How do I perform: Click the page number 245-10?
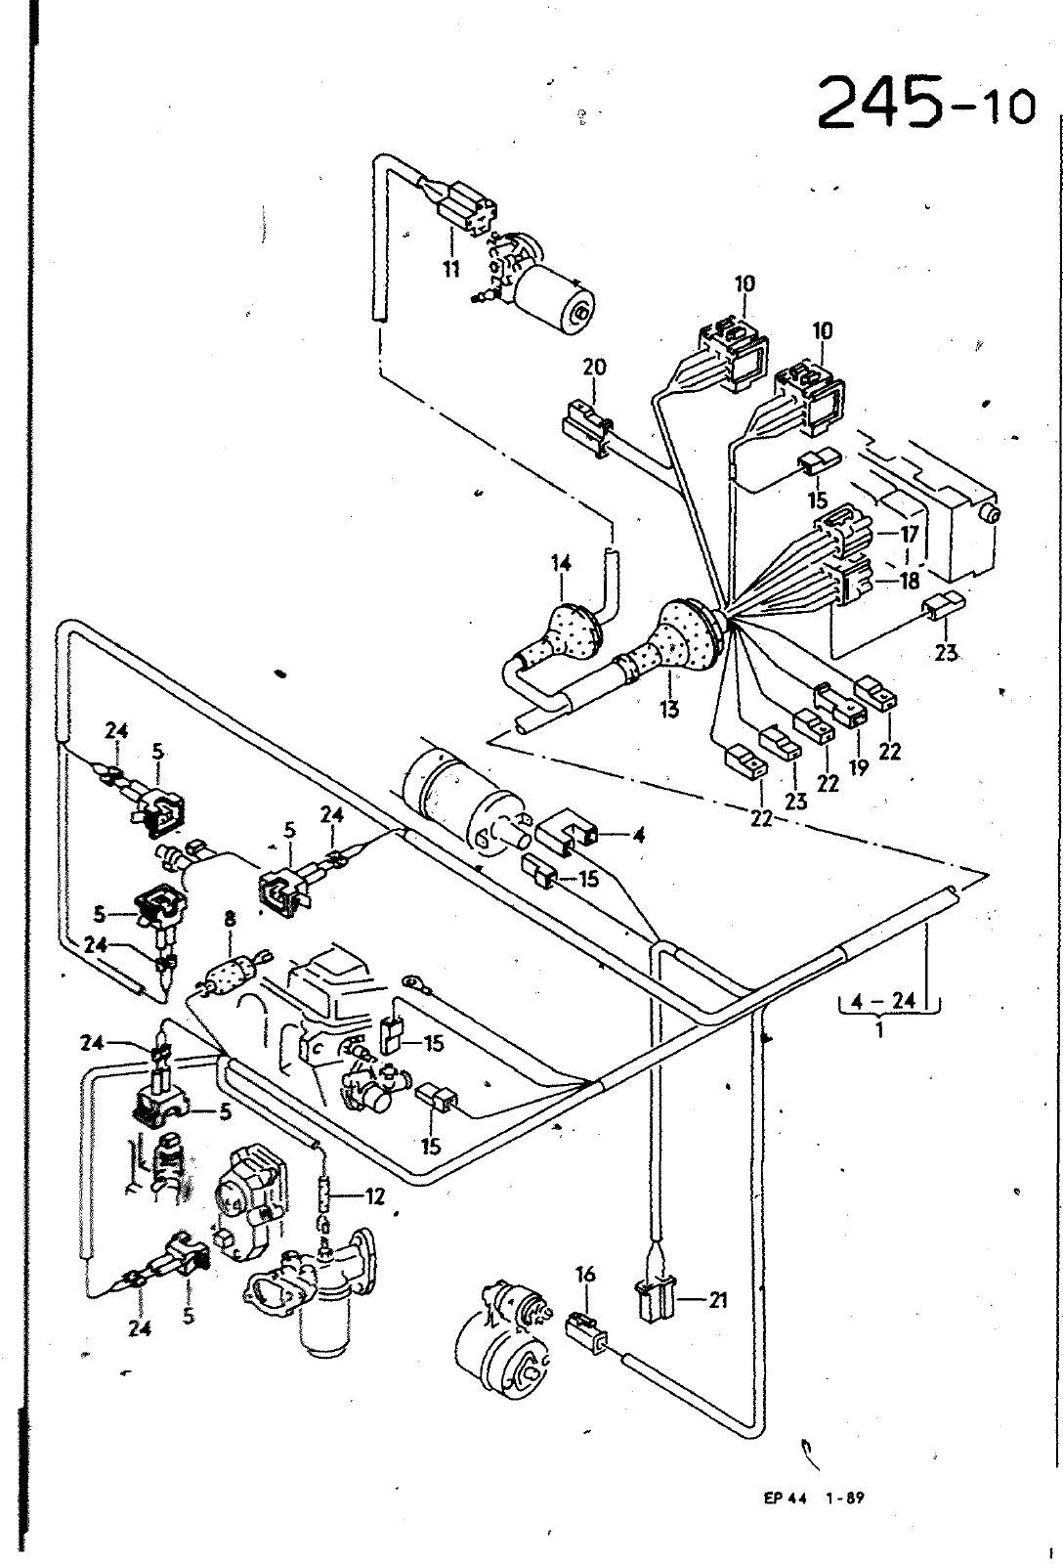(926, 103)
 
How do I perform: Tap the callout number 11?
(451, 268)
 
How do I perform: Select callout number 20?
(595, 366)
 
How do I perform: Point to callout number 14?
(561, 563)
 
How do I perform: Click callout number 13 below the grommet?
(668, 710)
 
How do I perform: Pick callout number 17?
(909, 535)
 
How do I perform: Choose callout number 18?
(910, 581)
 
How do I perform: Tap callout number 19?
(858, 766)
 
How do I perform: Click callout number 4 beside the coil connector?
(639, 835)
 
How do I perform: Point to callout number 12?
(375, 1196)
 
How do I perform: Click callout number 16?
(585, 1275)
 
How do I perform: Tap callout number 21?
(717, 1300)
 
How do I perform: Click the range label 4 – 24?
(883, 1001)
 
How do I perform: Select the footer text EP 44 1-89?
(814, 1497)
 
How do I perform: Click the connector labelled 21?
(654, 1301)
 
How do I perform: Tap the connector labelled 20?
(586, 434)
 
